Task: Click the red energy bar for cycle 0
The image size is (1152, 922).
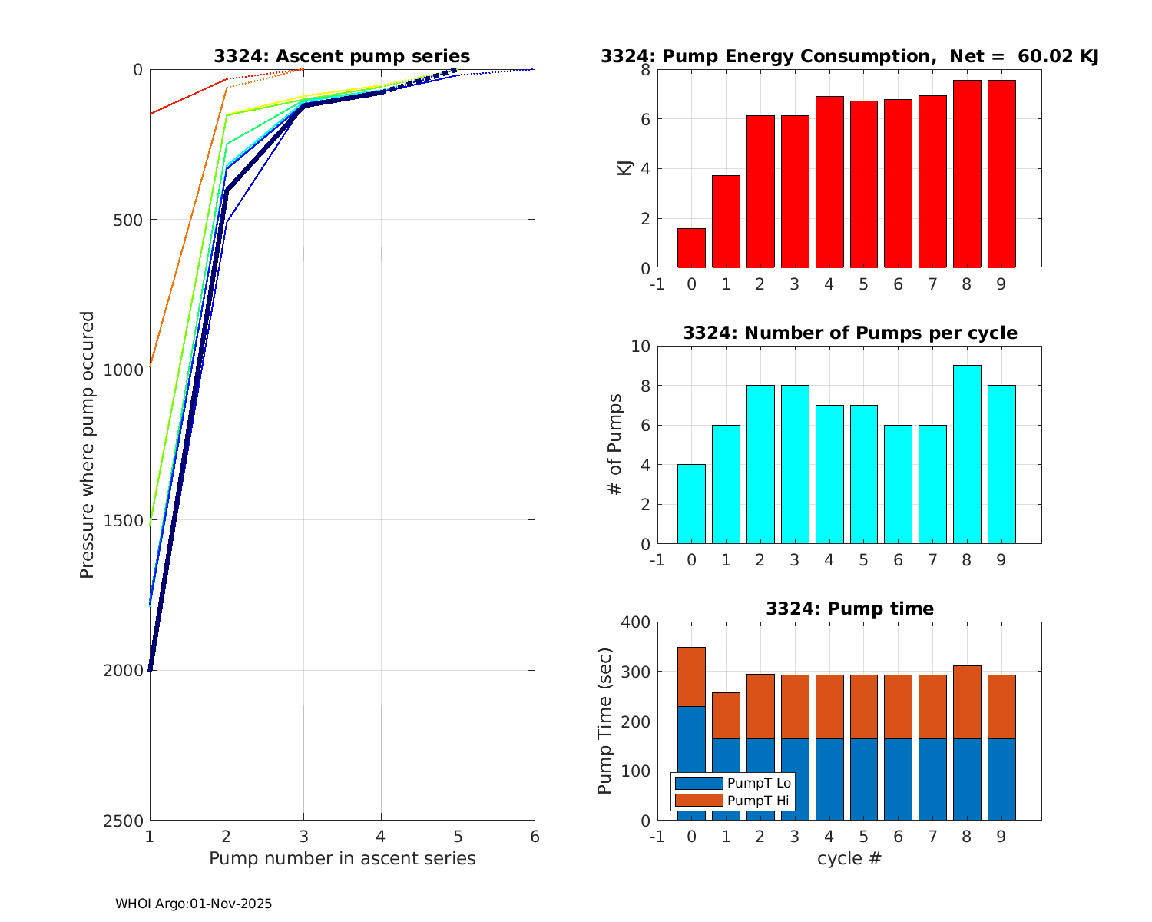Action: (x=691, y=248)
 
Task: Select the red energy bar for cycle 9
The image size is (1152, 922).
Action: (x=1001, y=174)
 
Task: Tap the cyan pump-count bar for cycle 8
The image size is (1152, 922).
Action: (x=967, y=455)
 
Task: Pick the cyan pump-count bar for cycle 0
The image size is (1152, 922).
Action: (x=691, y=504)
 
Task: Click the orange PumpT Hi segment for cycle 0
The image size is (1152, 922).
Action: (x=691, y=677)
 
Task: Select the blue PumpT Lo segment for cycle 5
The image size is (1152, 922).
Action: (x=864, y=779)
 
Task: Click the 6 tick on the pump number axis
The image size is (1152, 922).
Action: (x=535, y=837)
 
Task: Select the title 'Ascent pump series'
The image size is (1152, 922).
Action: (x=342, y=57)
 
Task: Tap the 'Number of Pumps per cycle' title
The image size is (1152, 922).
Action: (x=849, y=333)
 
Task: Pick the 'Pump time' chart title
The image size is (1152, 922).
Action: (x=849, y=609)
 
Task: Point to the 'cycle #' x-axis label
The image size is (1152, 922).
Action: (x=849, y=858)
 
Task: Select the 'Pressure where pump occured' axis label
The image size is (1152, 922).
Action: (x=88, y=445)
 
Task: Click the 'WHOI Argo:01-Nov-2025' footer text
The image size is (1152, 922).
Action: (x=194, y=904)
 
